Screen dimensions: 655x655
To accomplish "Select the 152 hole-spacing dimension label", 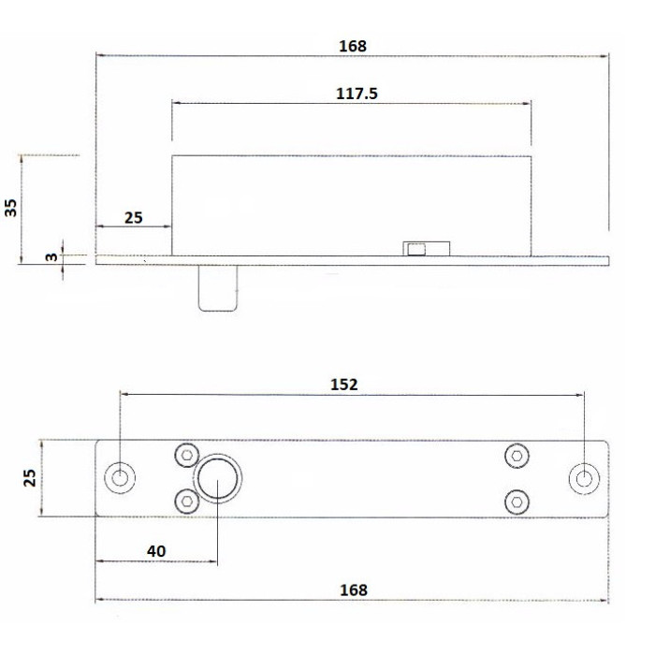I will [x=344, y=384].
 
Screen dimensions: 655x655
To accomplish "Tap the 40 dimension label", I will [x=156, y=551].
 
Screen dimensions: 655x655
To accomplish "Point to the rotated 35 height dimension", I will [x=12, y=207].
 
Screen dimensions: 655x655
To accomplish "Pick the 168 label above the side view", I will [x=353, y=45].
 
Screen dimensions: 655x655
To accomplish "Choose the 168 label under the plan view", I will [x=353, y=590].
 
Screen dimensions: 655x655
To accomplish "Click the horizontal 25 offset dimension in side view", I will [x=134, y=217].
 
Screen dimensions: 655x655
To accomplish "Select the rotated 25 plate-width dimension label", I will [x=30, y=477].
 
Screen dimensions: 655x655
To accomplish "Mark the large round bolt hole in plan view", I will [x=217, y=478].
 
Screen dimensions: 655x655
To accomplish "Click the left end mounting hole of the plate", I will [x=119, y=477].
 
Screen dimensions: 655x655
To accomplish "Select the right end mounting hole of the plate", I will [x=584, y=478].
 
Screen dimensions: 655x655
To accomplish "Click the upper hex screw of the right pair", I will [x=515, y=455].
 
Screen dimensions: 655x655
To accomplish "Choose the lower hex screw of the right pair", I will [x=515, y=501].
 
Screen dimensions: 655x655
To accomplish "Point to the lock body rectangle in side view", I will [x=351, y=204].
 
